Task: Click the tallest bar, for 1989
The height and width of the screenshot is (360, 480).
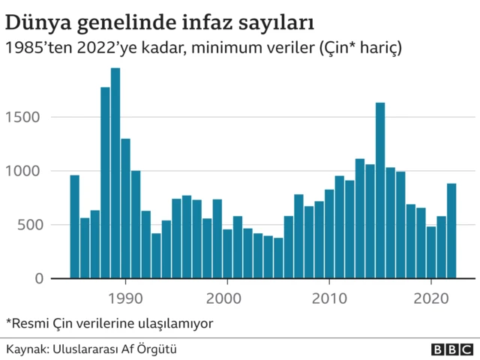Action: pos(115,173)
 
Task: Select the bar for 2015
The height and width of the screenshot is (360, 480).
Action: pos(380,190)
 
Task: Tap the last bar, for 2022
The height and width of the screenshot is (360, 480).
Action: pos(451,231)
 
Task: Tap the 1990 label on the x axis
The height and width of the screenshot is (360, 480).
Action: pos(125,297)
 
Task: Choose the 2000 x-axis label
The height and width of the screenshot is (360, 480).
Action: pos(227,297)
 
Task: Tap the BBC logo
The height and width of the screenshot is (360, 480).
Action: pos(451,349)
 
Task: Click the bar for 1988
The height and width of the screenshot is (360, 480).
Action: pos(105,183)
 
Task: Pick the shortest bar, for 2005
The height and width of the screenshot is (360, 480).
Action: pos(278,258)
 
